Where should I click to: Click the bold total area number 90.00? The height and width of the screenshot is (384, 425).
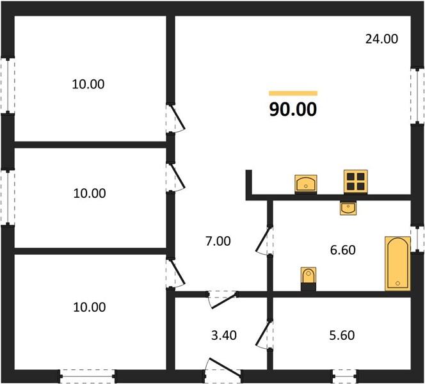(293, 109)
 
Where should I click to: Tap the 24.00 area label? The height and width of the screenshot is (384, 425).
(381, 39)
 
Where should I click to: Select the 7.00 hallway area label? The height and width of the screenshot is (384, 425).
(218, 241)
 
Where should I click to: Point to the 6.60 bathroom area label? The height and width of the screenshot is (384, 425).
(342, 250)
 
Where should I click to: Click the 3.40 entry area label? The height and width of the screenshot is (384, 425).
(224, 335)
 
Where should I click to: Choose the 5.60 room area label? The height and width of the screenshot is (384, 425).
(342, 335)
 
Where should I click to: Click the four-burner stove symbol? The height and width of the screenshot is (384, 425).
(356, 182)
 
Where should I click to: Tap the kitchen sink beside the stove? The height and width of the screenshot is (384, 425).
(306, 184)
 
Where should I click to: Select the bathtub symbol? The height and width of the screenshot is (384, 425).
(397, 264)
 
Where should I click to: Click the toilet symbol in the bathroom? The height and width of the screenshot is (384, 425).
(309, 278)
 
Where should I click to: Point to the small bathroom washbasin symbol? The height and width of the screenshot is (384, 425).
(348, 208)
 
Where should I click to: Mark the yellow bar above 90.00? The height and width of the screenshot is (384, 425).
(293, 93)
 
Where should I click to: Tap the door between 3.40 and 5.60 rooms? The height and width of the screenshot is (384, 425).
(264, 335)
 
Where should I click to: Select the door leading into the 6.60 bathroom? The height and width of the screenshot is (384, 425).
(264, 240)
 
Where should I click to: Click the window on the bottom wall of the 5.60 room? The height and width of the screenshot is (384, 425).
(344, 376)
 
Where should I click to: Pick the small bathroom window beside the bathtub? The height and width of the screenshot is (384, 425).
(417, 239)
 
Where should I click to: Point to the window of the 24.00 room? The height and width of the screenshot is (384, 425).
(417, 95)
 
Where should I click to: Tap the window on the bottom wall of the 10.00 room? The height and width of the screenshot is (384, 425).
(87, 376)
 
